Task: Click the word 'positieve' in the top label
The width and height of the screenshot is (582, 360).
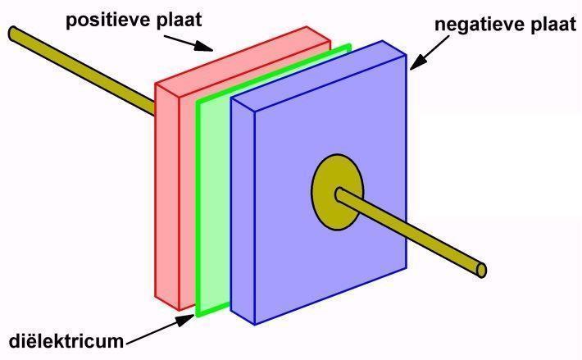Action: coord(104,17)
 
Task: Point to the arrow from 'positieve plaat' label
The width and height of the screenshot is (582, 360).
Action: coord(196,41)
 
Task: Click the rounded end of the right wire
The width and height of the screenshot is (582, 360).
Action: coord(482,269)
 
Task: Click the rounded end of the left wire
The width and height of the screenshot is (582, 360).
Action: coord(13,33)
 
